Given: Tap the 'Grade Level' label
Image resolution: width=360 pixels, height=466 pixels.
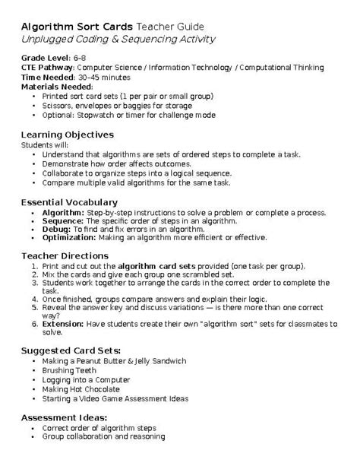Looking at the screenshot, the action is pos(44,58).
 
